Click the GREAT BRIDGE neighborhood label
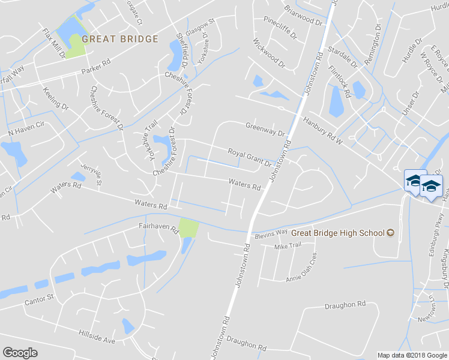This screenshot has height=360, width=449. [120, 39]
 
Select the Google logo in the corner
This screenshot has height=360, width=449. [20, 353]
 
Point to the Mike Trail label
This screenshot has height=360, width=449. [287, 247]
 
